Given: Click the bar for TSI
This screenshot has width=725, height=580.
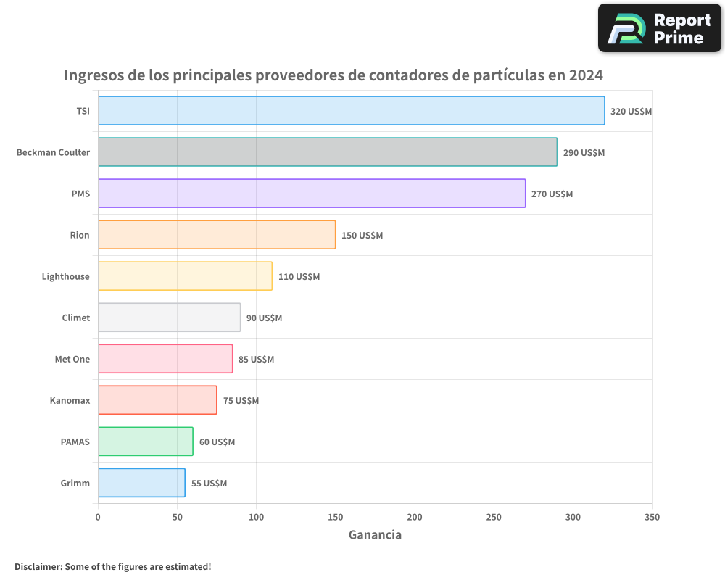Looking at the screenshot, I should tap(351, 111).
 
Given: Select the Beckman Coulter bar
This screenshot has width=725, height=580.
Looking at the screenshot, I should tap(327, 152).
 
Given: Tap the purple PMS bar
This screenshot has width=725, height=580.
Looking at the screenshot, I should tap(311, 194).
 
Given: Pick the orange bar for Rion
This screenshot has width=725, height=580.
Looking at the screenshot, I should tap(216, 235).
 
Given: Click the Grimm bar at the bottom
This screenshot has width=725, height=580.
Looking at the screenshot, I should tap(141, 483).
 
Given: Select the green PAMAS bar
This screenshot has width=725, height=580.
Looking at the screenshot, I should tap(145, 442).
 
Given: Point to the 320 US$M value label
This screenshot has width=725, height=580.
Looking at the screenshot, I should tap(631, 112).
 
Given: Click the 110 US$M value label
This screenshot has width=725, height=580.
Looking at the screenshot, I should tap(299, 277).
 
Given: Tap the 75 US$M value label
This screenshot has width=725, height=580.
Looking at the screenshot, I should tap(241, 401).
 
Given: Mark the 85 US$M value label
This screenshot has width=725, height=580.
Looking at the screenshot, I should tap(256, 360).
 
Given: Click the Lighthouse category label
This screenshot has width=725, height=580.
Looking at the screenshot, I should tap(66, 276).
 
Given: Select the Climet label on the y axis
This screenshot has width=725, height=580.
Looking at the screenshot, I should tap(76, 318).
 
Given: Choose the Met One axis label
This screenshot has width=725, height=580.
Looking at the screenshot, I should tap(72, 359).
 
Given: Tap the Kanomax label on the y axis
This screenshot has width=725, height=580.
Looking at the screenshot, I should tap(70, 400).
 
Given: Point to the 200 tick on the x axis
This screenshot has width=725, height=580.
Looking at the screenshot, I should tap(415, 517).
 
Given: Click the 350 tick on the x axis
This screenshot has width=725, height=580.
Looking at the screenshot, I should tap(652, 517).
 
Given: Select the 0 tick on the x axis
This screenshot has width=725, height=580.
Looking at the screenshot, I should tap(98, 517).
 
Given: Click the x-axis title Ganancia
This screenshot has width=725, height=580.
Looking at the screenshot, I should tap(375, 535).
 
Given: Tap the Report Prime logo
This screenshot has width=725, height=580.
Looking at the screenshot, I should tap(660, 28).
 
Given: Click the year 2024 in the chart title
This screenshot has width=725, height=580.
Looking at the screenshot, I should tap(585, 75).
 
